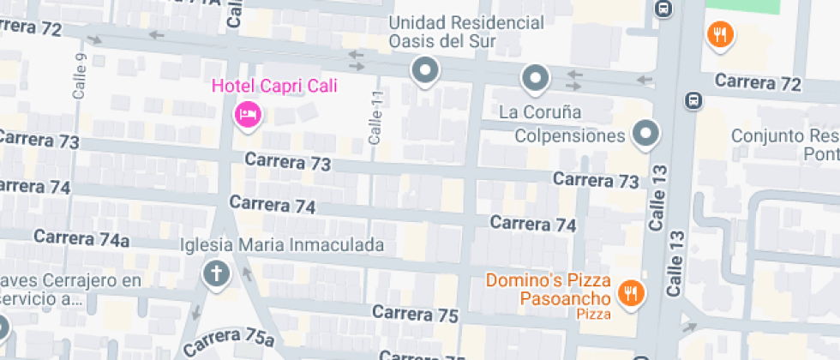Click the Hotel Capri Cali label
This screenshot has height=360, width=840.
click(x=274, y=86)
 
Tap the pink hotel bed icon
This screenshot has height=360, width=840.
click(x=248, y=114)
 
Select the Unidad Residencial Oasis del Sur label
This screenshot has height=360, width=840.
click(x=466, y=32)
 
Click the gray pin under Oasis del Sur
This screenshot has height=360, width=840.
click(x=424, y=71)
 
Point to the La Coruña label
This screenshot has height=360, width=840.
click(x=540, y=112)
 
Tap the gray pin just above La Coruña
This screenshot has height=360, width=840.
click(x=536, y=80)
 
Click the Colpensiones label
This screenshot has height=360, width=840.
click(x=569, y=136)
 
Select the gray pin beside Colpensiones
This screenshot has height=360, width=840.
click(x=645, y=133)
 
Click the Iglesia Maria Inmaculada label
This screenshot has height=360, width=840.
click(x=282, y=245)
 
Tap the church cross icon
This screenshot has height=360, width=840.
click(x=216, y=274)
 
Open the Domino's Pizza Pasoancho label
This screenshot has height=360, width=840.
click(x=548, y=290)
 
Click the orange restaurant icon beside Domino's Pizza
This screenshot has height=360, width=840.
click(x=632, y=292)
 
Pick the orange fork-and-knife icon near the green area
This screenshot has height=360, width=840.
click(x=721, y=35)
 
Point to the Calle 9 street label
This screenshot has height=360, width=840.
click(x=81, y=76)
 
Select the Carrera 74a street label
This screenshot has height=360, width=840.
click(x=81, y=237)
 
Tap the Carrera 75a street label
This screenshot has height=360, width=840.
click(x=227, y=341)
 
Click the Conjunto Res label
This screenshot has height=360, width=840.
click(x=784, y=136)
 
